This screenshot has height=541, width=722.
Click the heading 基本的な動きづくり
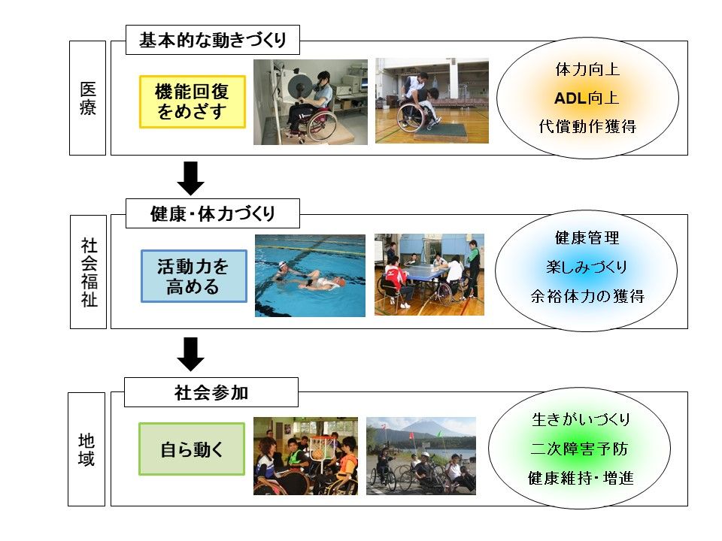[213, 40]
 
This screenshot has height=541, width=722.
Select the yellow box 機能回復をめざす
[193, 101]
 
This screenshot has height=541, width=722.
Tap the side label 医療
[87, 98]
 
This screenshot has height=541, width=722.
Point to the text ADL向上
[586, 98]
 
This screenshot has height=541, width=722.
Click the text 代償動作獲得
[587, 126]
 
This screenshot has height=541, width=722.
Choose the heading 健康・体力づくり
[213, 213]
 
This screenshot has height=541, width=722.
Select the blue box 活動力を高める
[194, 276]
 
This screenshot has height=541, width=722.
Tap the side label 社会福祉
[89, 272]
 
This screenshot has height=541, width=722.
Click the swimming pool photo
[311, 276]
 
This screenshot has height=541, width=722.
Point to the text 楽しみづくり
[587, 267]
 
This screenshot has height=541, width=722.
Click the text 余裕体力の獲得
[587, 296]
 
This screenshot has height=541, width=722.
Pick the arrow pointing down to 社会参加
[190, 354]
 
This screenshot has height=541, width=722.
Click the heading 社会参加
[211, 392]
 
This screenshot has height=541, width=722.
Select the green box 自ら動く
[192, 449]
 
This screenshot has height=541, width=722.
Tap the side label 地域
[86, 449]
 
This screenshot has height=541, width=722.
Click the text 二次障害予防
[579, 449]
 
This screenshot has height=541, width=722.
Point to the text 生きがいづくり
[581, 419]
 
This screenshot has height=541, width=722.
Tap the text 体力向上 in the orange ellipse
[587, 69]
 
